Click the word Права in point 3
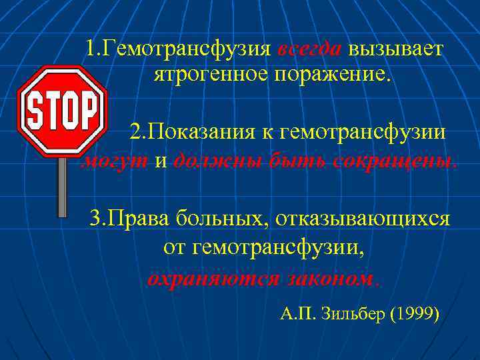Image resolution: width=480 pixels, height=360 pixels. (140, 218)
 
